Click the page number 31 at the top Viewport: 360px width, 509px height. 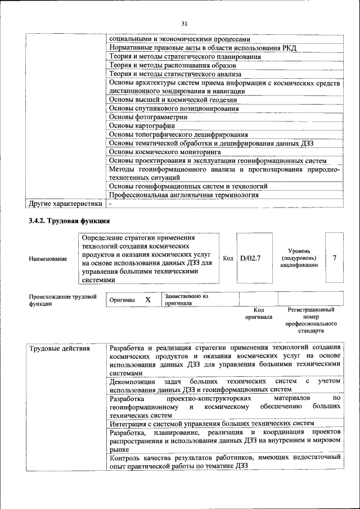(183, 24)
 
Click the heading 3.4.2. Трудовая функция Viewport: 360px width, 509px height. (69, 220)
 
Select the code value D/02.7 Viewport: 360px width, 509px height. (250, 258)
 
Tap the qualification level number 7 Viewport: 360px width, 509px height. (335, 258)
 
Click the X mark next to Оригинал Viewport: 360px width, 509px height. (148, 300)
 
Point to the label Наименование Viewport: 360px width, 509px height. (48, 259)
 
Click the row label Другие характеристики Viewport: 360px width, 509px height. (65, 204)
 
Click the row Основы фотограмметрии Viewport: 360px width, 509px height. (148, 117)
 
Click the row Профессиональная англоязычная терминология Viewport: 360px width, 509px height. (183, 195)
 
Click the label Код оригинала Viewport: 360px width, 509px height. (259, 313)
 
